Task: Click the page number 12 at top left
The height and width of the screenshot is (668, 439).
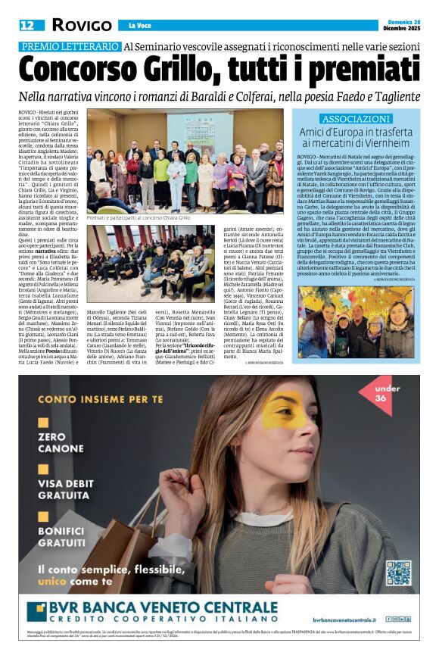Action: pyautogui.click(x=26, y=25)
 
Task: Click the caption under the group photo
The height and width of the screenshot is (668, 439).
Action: pyautogui.click(x=139, y=217)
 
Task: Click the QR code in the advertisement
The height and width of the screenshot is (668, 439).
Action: pyautogui.click(x=399, y=572)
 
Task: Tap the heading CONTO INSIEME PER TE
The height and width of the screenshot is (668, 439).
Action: pyautogui.click(x=92, y=398)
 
